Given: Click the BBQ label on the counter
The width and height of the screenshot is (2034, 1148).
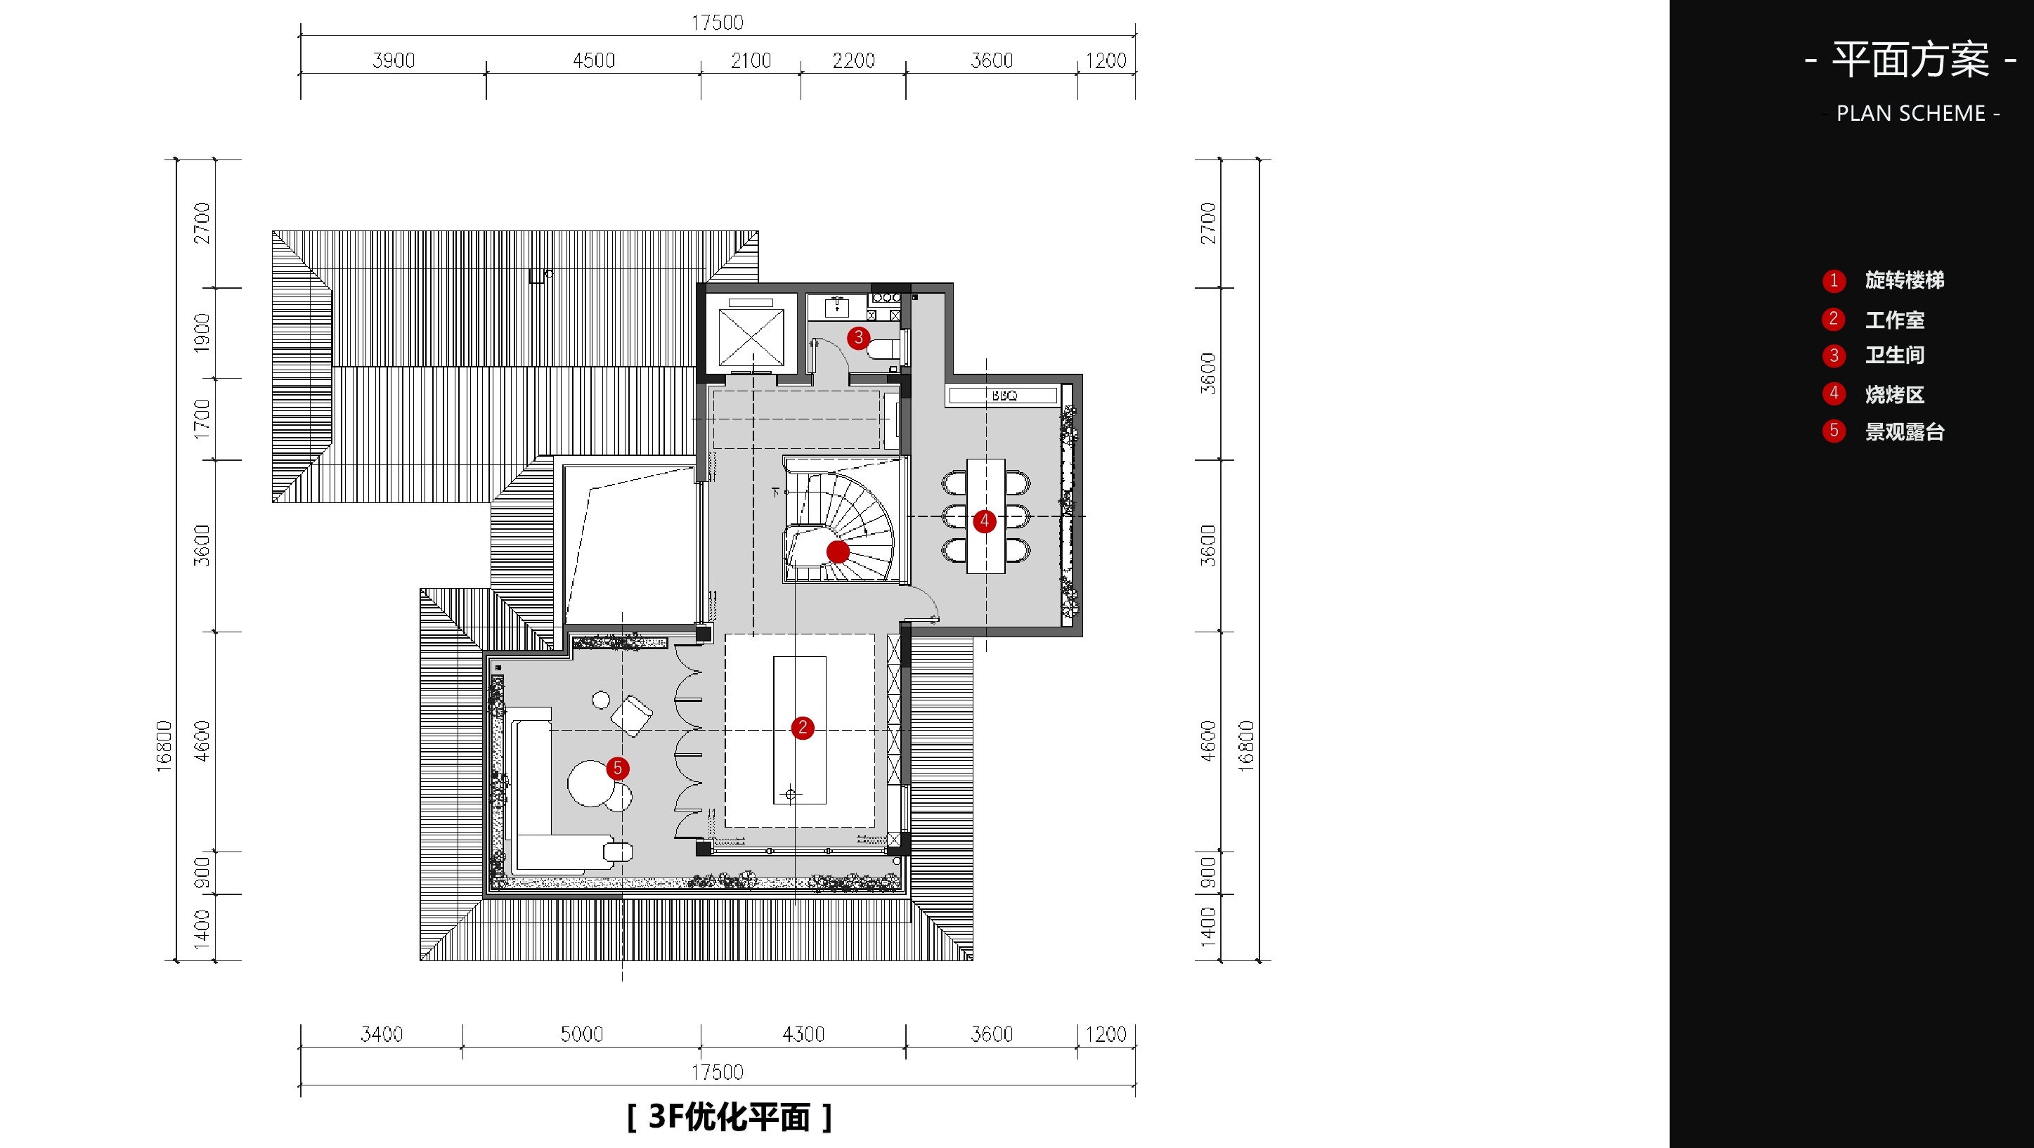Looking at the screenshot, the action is coord(1004,396).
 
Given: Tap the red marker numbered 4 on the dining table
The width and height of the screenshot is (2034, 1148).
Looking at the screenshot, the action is coord(984,521).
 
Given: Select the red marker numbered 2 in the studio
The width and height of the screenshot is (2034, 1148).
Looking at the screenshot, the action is coord(802,727).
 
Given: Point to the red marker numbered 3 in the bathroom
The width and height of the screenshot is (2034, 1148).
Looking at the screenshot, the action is coord(858,338).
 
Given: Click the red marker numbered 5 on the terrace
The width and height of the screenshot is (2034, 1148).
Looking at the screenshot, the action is coord(618,768).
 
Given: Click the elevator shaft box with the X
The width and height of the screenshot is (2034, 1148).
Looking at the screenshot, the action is coord(751,338).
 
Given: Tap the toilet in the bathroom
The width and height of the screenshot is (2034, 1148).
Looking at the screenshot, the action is coord(883,348).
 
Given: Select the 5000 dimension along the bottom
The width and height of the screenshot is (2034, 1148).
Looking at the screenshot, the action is coord(582,1034).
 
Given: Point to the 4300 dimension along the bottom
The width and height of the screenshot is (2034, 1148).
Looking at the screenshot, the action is coord(803,1034).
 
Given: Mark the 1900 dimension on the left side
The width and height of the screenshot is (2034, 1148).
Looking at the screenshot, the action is coord(202,332).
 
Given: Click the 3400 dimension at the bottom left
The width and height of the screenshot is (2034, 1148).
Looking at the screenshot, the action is coord(382,1034).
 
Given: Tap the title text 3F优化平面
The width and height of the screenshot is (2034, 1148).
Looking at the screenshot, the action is coord(729,1116).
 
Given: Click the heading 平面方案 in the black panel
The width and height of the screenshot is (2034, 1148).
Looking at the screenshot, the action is coord(1910,59).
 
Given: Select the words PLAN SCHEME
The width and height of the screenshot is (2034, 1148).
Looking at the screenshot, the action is coord(1911,114).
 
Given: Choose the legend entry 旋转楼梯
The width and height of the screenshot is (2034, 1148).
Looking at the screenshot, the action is coord(1905,280).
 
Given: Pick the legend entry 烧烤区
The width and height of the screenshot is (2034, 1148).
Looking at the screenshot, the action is coord(1894,394).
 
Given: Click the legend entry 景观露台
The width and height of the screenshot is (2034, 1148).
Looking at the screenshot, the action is coord(1905,432).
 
